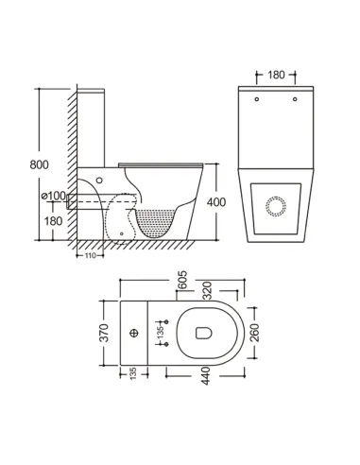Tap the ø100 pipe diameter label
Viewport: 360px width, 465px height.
click(53, 196)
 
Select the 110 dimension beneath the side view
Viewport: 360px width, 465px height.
click(92, 255)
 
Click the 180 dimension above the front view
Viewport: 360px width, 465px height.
click(276, 74)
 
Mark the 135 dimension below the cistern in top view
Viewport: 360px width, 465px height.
click(130, 377)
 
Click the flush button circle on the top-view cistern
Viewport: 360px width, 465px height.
click(134, 333)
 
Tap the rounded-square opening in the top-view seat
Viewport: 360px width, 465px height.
click(201, 333)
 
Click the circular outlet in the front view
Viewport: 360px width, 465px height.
click(277, 206)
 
